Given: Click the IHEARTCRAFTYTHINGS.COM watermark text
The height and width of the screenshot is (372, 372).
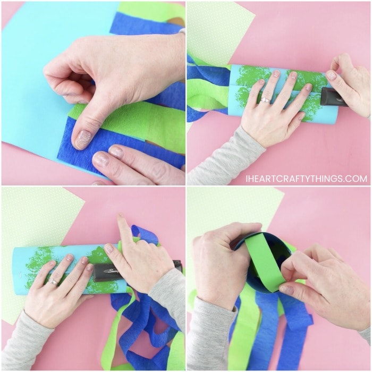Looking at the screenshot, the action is coord(306,179).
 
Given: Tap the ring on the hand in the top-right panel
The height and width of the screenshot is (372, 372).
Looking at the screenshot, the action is coord(265,100).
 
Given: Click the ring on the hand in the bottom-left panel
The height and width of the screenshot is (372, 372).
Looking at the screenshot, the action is coord(53,282).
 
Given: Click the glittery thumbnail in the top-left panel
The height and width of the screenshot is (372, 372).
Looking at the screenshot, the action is coord(81,139).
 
